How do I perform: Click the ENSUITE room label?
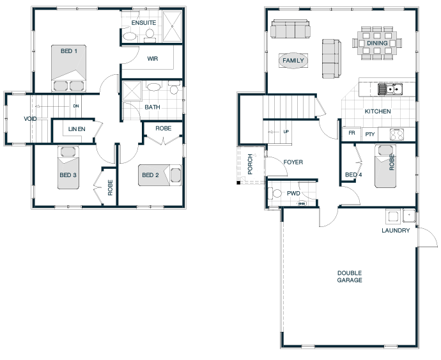(144, 23)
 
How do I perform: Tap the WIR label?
(153, 59)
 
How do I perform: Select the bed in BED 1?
(68, 68)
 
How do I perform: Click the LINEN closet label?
(77, 129)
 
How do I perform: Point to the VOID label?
(30, 119)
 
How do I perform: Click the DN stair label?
(76, 106)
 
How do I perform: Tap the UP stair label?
(286, 132)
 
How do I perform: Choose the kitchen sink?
(390, 90)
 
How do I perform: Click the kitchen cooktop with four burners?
(397, 134)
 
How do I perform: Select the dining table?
(377, 43)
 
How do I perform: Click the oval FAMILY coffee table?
(293, 61)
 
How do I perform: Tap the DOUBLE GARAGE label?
(350, 276)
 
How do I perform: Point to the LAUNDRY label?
(396, 231)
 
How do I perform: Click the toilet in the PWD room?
(275, 193)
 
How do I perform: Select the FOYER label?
(293, 162)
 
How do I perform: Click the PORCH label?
(250, 164)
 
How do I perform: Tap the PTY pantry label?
(370, 134)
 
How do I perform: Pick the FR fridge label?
(352, 132)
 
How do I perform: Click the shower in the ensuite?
(172, 27)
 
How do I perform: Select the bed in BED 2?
(160, 175)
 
